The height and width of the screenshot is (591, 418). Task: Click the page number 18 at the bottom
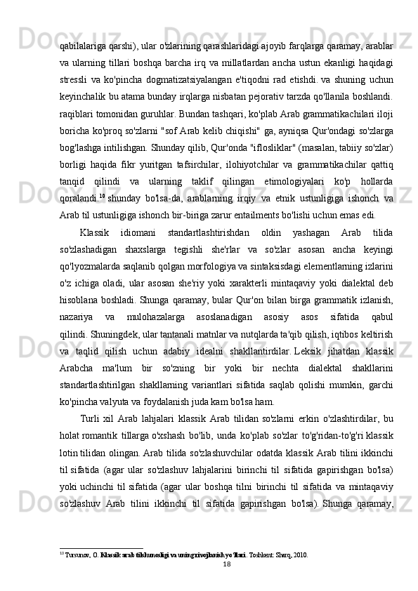(247, 562)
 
